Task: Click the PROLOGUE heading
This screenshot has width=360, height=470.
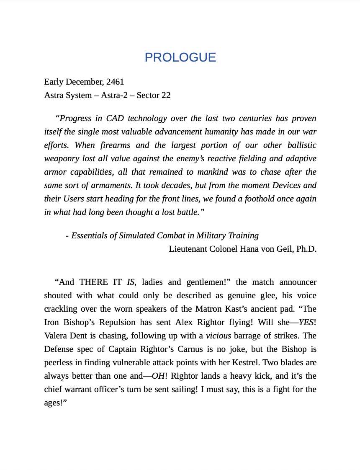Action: tap(180, 57)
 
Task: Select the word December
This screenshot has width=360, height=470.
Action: tap(84, 82)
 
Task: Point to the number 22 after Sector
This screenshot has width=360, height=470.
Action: tap(166, 95)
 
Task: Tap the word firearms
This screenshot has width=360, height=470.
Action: tap(115, 145)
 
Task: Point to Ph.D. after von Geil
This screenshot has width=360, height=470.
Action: tap(306, 249)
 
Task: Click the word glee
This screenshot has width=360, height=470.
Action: tap(266, 295)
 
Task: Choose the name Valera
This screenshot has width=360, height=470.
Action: tap(58, 336)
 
